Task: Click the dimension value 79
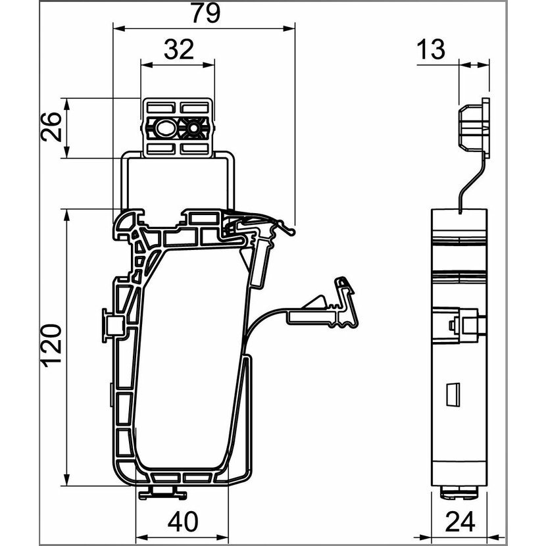pyautogui.click(x=207, y=13)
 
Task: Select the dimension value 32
pyautogui.click(x=179, y=49)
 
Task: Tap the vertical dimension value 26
pyautogui.click(x=51, y=126)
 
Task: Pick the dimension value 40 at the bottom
pyautogui.click(x=183, y=521)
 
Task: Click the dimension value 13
pyautogui.click(x=431, y=49)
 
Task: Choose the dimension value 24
pyautogui.click(x=460, y=521)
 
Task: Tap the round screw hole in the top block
pyautogui.click(x=193, y=129)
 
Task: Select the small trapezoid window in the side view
pyautogui.click(x=453, y=394)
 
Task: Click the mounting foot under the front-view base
pyautogui.click(x=162, y=493)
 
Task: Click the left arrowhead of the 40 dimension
pyautogui.click(x=141, y=537)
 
